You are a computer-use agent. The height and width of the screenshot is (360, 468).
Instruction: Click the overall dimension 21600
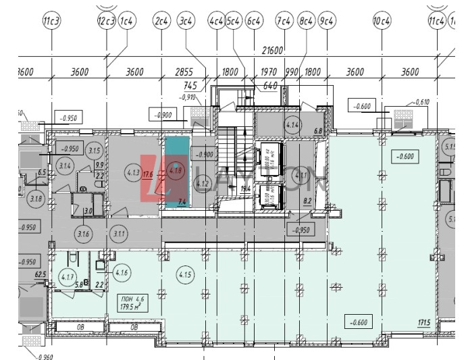274,51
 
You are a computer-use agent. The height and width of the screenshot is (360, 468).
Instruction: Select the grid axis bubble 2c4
161,22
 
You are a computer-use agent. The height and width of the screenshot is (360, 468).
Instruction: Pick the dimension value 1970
269,72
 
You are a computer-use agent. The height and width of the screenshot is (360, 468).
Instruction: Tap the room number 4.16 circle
122,273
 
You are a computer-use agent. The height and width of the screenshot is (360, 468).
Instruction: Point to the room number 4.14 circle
292,125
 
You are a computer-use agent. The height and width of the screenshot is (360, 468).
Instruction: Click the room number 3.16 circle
84,234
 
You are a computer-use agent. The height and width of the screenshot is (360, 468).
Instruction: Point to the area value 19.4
245,188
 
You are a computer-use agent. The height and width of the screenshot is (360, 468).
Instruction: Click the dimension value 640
271,86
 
